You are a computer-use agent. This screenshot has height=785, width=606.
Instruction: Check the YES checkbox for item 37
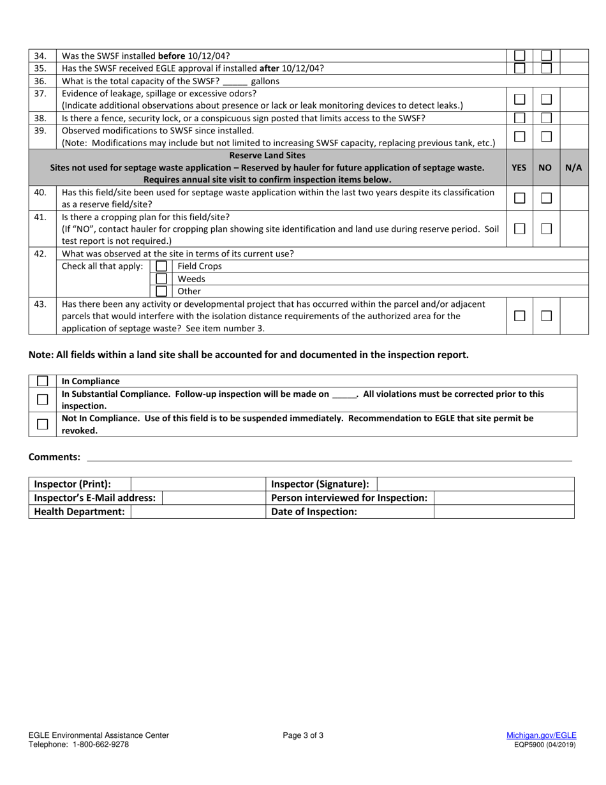(x=520, y=99)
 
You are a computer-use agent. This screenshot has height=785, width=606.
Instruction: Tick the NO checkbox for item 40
(x=546, y=198)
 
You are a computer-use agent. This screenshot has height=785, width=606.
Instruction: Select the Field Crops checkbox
(x=161, y=266)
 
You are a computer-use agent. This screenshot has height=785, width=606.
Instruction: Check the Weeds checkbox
(x=161, y=279)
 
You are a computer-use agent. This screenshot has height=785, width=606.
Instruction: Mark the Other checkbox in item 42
(x=161, y=291)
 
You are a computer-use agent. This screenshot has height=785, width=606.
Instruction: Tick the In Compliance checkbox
(x=43, y=381)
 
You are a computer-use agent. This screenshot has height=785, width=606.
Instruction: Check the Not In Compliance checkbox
(x=43, y=424)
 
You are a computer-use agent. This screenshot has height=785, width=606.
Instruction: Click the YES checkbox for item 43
(x=520, y=316)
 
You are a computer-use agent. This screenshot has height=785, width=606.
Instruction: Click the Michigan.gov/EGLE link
(x=541, y=735)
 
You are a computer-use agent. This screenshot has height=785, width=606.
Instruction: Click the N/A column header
(x=573, y=167)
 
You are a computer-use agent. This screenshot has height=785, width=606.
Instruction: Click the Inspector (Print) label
(x=72, y=484)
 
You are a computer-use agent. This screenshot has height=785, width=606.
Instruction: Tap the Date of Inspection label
(x=314, y=512)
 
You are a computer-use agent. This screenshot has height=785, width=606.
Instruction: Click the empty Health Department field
(x=196, y=512)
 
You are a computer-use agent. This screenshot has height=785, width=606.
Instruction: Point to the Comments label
(x=54, y=457)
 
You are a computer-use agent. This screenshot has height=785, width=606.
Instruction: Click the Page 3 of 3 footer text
(x=303, y=735)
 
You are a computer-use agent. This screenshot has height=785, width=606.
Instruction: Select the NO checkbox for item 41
(x=546, y=228)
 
